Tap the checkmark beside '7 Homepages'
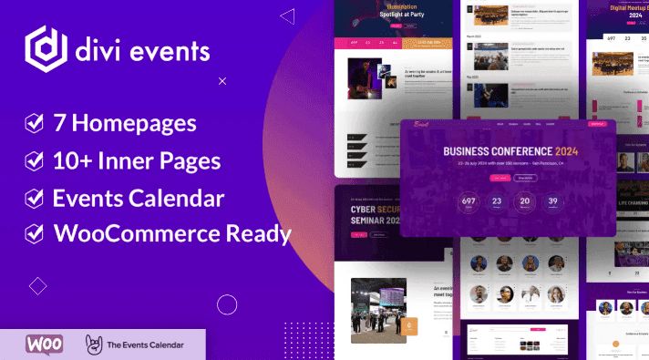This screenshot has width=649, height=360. (33, 121)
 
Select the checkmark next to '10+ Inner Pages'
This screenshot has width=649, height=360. (33, 160)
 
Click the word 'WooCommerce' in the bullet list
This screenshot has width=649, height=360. (133, 233)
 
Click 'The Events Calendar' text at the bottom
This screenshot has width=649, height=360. (143, 345)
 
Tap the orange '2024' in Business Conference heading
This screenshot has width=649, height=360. (565, 151)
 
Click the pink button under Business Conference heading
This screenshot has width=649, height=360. (499, 178)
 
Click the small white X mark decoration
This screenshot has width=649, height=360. (222, 81)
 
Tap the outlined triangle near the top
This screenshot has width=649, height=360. (287, 15)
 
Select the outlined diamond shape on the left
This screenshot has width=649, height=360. (37, 286)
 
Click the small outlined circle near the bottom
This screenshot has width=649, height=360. (227, 304)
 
